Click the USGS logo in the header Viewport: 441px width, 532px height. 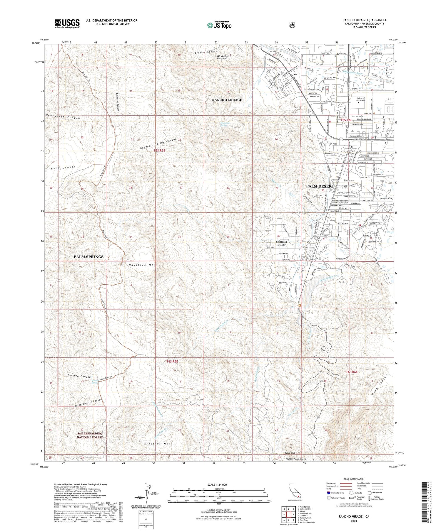click(67, 23)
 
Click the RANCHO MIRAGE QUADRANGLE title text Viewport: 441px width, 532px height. click(364, 20)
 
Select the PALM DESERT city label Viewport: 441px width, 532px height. click(320, 186)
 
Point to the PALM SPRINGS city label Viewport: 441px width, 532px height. click(88, 256)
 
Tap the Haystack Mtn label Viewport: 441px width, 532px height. click(142, 265)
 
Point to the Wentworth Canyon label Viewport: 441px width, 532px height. click(63, 116)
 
